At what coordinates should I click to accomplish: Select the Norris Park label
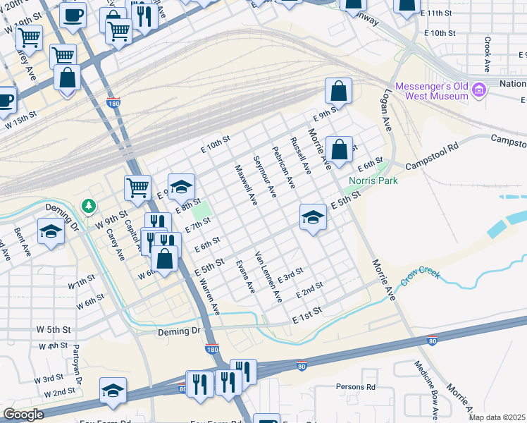coord(373,180)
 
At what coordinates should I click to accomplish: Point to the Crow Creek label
coord(420,273)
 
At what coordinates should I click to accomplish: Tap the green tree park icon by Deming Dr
coord(88,206)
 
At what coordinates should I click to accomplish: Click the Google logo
coord(23,415)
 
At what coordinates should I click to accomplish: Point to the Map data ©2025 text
coord(497,417)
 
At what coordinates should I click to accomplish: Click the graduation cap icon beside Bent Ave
coord(51,231)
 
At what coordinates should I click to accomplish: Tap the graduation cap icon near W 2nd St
coord(113,389)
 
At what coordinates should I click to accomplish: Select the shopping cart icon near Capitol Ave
coord(138,187)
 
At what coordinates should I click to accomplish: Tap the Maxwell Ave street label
coord(246,184)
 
